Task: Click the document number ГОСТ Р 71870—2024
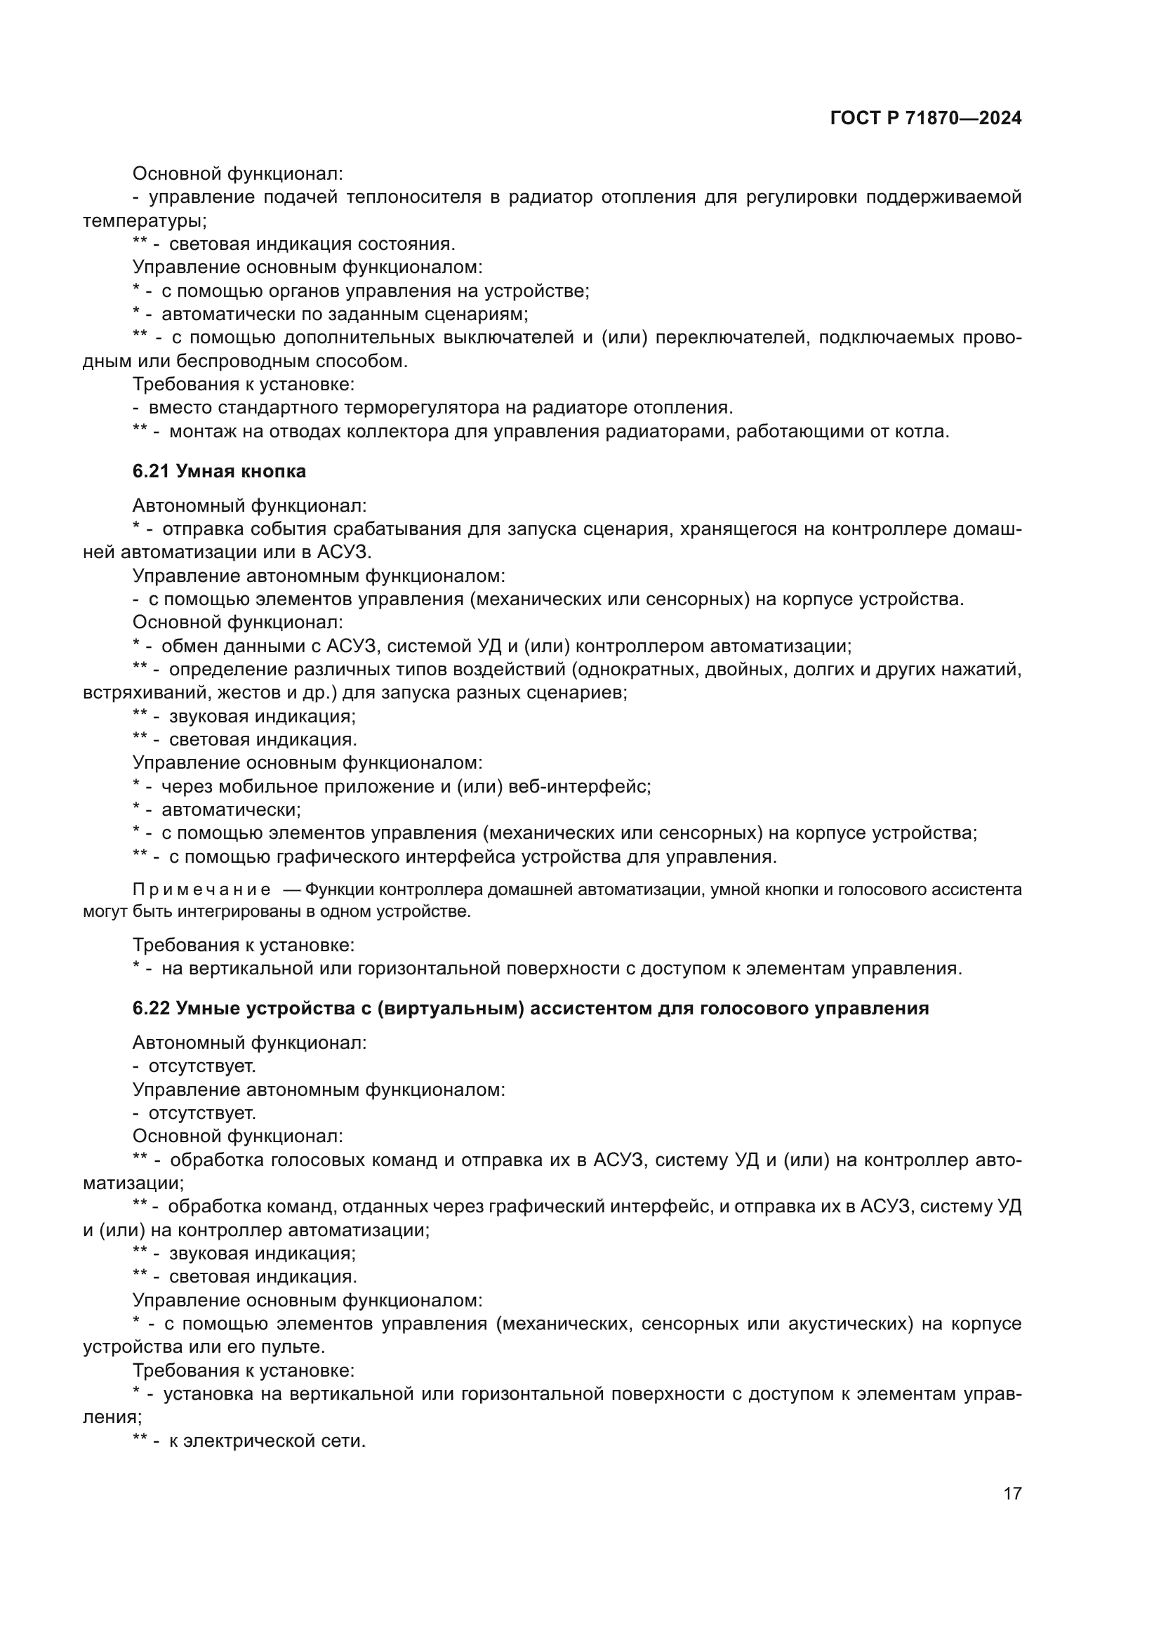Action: (x=925, y=119)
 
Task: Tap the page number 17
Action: (x=1012, y=1493)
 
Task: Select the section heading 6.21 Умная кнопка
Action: (x=219, y=471)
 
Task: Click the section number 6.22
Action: (x=151, y=1008)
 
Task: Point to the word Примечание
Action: (x=201, y=889)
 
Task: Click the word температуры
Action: (x=145, y=221)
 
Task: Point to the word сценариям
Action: (x=476, y=314)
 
